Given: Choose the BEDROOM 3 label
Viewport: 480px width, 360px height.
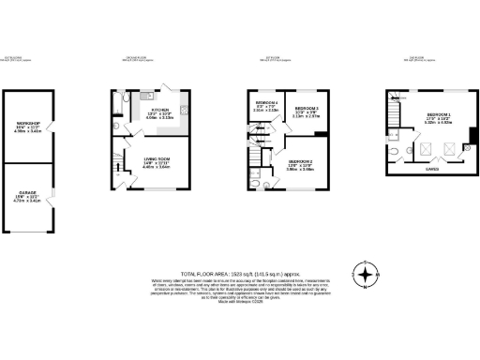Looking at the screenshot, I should coord(307,109).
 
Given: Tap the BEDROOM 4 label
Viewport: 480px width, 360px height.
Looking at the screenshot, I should coord(267,101).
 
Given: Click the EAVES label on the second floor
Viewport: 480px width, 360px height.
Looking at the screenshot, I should coord(431,170).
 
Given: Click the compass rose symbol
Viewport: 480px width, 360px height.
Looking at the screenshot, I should coord(367,275).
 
